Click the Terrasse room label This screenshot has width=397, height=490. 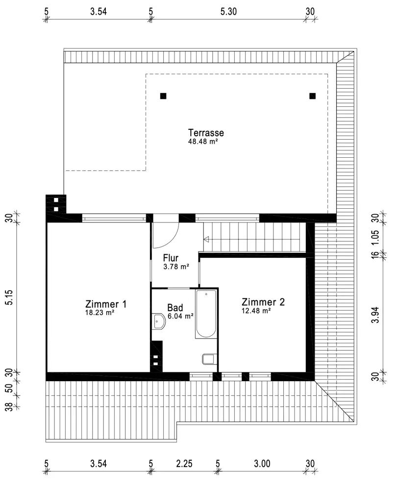[x=206, y=132]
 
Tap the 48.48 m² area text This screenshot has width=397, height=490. [x=203, y=141]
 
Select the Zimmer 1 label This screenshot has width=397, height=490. [x=106, y=304]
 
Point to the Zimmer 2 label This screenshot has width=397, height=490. [x=263, y=302]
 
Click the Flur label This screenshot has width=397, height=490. [x=171, y=258]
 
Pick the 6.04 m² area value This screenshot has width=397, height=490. [x=180, y=316]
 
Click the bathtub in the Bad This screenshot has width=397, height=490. [x=206, y=314]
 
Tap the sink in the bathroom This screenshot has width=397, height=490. [x=159, y=321]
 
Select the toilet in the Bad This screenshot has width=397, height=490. [x=209, y=359]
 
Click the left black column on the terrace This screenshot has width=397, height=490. [x=163, y=96]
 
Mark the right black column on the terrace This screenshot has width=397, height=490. [x=312, y=96]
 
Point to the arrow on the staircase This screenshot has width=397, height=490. [x=206, y=240]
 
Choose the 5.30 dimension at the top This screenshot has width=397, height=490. [x=228, y=12]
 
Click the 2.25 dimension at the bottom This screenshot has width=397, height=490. [x=184, y=464]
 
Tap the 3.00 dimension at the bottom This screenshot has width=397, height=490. [x=262, y=464]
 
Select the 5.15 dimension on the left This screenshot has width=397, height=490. [x=9, y=297]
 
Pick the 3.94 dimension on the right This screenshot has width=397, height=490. [x=375, y=315]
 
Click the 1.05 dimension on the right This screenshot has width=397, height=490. [x=375, y=238]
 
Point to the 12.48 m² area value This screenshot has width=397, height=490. [x=256, y=311]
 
